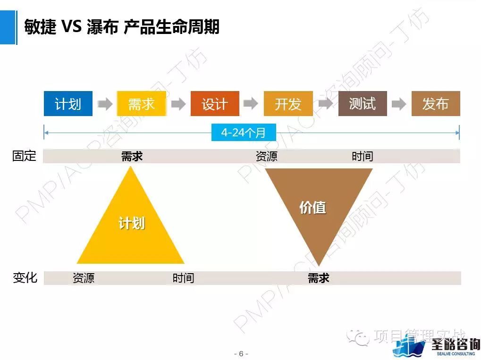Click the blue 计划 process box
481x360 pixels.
pos(68,104)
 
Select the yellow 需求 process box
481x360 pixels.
pos(141,104)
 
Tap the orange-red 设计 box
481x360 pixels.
pos(215,104)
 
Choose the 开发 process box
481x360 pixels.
pos(288,104)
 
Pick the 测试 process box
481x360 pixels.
pos(362,104)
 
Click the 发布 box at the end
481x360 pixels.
pos(435,104)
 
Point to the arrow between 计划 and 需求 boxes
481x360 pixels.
pos(105,104)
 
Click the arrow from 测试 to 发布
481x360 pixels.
pos(399,104)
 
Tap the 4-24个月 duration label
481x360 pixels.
pos(244,133)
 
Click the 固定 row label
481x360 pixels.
pos(24,156)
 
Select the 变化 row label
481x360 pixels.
pos(25,277)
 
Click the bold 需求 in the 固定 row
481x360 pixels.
pos(132,157)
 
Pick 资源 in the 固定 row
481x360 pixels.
pos(266,157)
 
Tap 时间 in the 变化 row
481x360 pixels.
pos(183,278)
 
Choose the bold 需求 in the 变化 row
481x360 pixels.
pos(318,278)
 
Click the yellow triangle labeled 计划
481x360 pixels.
pos(131,226)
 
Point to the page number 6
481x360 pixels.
pos(241,354)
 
